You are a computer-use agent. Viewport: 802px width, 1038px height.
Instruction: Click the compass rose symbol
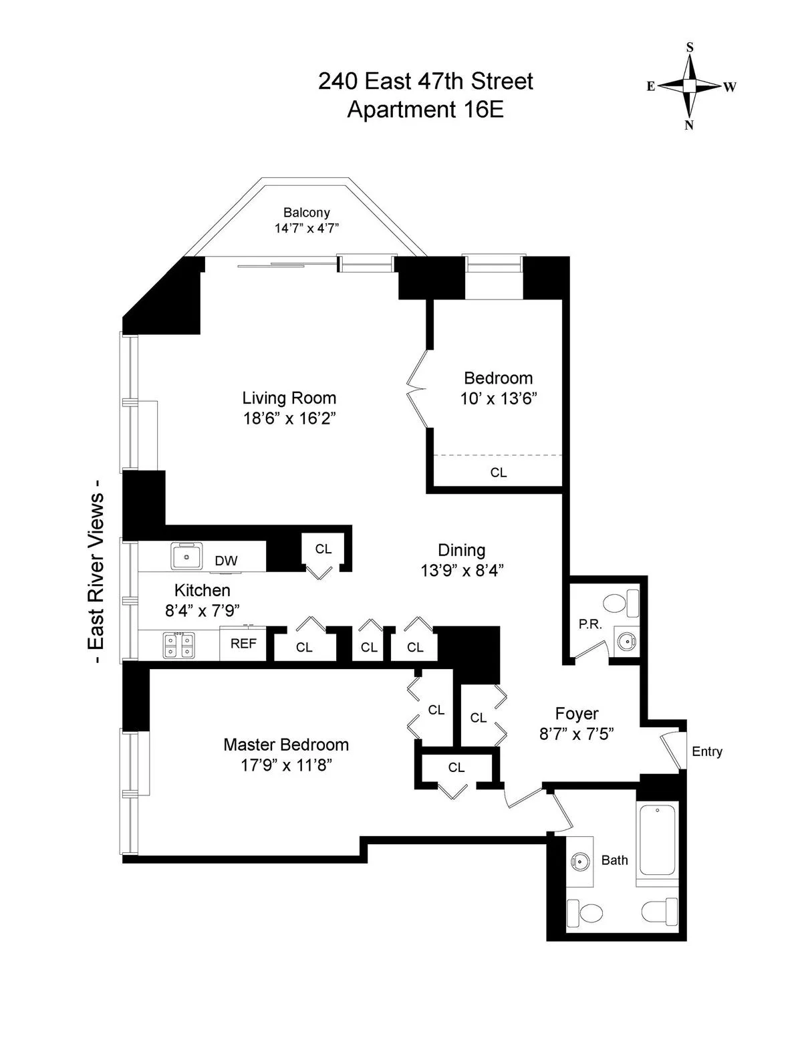point(690,86)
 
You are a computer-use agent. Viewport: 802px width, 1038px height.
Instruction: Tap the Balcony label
point(307,213)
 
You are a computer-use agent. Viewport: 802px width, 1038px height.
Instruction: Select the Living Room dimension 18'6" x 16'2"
point(289,419)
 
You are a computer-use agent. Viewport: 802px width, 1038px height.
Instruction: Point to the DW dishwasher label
point(226,561)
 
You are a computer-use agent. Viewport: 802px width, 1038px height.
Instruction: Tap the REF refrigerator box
point(243,644)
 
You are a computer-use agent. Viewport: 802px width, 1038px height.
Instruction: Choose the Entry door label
point(707,751)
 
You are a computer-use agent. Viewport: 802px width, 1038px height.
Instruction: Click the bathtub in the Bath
point(658,844)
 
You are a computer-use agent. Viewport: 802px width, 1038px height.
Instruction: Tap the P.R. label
point(590,625)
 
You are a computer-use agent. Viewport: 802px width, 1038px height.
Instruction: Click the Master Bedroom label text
point(286,745)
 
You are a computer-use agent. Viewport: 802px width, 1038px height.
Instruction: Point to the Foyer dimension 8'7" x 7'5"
point(576,734)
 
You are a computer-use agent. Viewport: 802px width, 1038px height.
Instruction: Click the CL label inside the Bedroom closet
point(499,473)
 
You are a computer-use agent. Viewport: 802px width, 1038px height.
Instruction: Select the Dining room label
point(461,550)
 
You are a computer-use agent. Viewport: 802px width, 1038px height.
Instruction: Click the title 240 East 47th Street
point(425,82)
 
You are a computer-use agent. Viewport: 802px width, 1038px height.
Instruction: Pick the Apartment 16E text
point(425,109)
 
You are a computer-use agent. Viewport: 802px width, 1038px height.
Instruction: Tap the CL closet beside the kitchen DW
point(323,549)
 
